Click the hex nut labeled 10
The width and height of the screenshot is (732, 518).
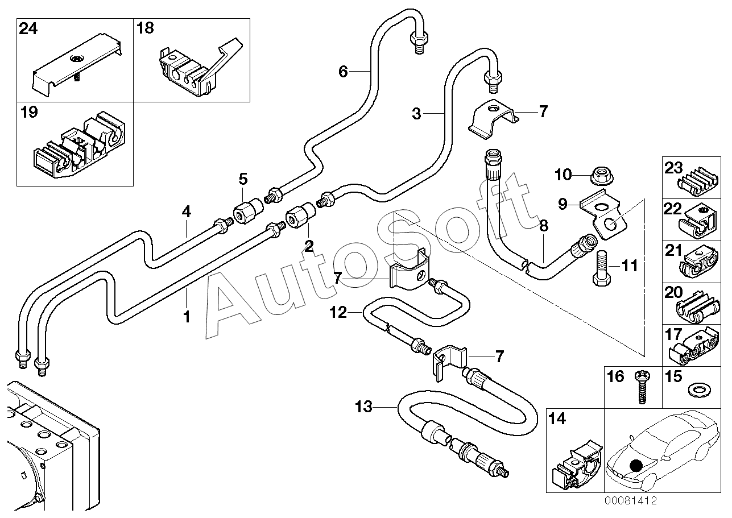(x=602, y=175)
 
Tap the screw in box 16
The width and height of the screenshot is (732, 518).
(x=642, y=387)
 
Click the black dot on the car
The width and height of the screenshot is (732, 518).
(x=636, y=466)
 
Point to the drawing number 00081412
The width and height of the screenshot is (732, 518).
(x=631, y=501)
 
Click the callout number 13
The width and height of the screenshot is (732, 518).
(x=363, y=407)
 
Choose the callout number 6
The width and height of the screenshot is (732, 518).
(x=343, y=72)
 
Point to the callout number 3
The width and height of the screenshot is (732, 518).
(x=416, y=114)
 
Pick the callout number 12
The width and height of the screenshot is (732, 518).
(x=338, y=313)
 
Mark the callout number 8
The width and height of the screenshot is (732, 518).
(x=543, y=226)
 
